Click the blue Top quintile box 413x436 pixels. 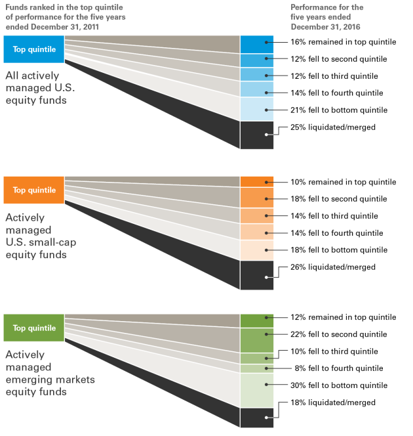34,49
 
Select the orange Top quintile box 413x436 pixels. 34,190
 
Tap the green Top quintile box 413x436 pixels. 34,328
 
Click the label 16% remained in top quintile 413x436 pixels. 343,42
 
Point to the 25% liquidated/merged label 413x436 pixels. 332,127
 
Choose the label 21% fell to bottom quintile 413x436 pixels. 339,110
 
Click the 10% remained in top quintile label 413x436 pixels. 343,182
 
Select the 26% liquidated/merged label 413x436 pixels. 332,267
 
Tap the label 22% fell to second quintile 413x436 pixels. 339,334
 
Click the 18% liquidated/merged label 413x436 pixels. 332,403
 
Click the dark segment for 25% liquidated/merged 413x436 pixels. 256,135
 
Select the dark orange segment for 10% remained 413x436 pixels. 256,182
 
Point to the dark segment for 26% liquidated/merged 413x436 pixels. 256,275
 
